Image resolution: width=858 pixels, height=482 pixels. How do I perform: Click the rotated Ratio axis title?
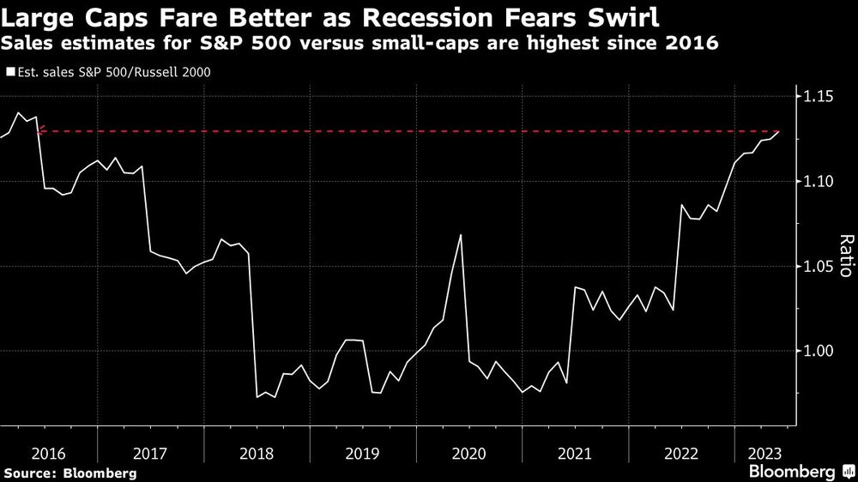tap(845, 256)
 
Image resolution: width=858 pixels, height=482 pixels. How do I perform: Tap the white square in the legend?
tap(9, 72)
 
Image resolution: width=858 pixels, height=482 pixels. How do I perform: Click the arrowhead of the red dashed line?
tap(40, 131)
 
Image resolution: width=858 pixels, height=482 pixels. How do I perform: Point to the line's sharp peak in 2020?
tap(462, 235)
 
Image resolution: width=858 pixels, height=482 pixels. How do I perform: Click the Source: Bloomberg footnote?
tap(69, 473)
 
